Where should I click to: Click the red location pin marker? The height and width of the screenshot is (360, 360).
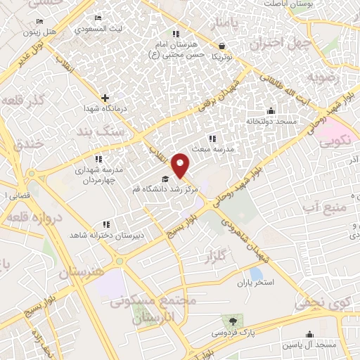[181, 165]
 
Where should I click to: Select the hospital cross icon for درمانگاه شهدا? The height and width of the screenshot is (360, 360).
[105, 98]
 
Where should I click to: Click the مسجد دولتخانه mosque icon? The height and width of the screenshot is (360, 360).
[271, 110]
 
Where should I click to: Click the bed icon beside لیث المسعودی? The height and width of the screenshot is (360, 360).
[98, 18]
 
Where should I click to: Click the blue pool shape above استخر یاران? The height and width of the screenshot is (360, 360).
[256, 273]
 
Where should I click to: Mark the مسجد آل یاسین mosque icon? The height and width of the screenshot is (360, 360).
[309, 335]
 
